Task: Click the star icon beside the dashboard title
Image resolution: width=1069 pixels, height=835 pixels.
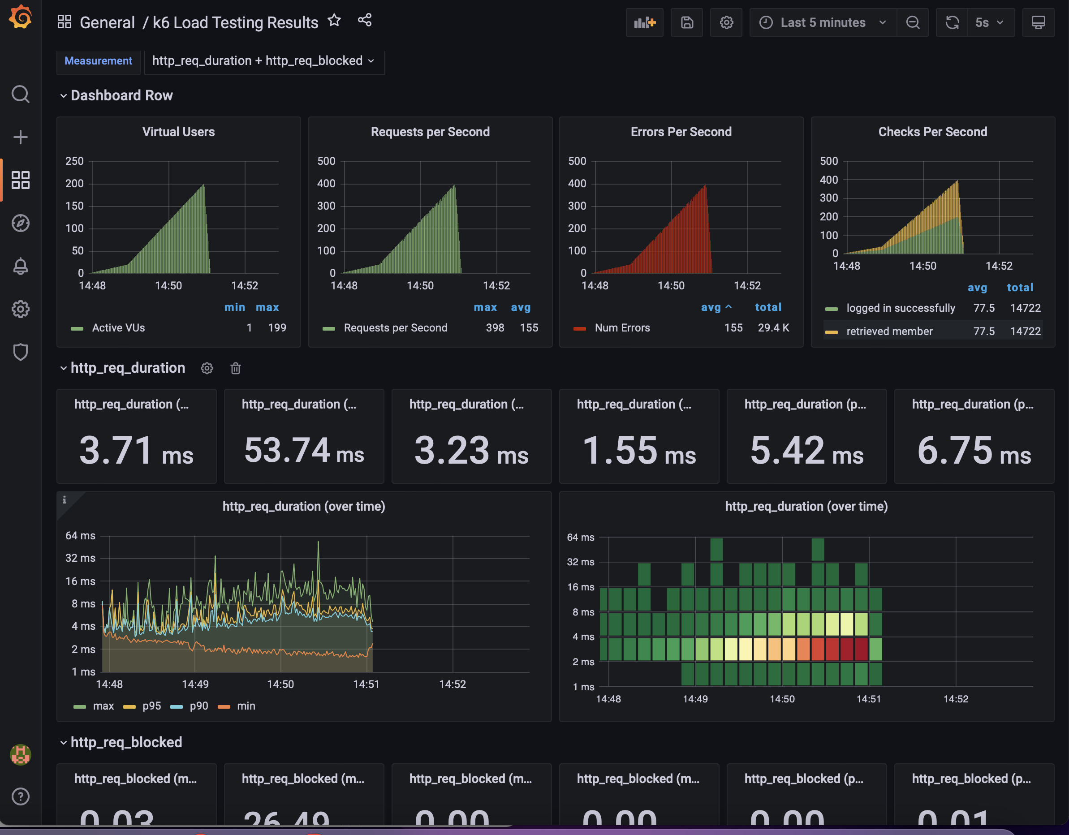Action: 334,21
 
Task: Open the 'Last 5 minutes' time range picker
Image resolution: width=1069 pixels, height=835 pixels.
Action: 822,22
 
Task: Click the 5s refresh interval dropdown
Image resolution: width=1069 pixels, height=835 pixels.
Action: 989,22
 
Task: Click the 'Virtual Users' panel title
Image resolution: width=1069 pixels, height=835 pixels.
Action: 178,132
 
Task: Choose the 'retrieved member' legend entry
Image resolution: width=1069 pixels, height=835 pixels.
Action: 889,331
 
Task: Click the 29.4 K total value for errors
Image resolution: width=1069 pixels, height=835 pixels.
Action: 773,328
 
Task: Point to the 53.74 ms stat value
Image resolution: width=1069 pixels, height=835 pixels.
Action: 303,450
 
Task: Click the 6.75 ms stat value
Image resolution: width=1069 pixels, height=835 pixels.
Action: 974,450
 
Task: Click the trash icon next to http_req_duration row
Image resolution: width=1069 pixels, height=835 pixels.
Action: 235,368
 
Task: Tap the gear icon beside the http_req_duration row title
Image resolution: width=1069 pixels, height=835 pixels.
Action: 207,368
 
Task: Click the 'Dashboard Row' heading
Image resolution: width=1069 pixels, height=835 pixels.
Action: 121,95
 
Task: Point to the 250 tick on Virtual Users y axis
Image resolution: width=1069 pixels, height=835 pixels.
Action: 74,161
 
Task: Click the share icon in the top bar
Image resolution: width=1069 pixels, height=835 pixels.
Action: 365,21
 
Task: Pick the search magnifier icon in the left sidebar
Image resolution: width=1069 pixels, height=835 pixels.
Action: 21,94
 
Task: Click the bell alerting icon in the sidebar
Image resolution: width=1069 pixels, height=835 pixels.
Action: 21,266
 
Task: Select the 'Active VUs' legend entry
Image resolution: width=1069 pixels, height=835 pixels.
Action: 118,328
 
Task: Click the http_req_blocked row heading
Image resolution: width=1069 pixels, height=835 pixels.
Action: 126,742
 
